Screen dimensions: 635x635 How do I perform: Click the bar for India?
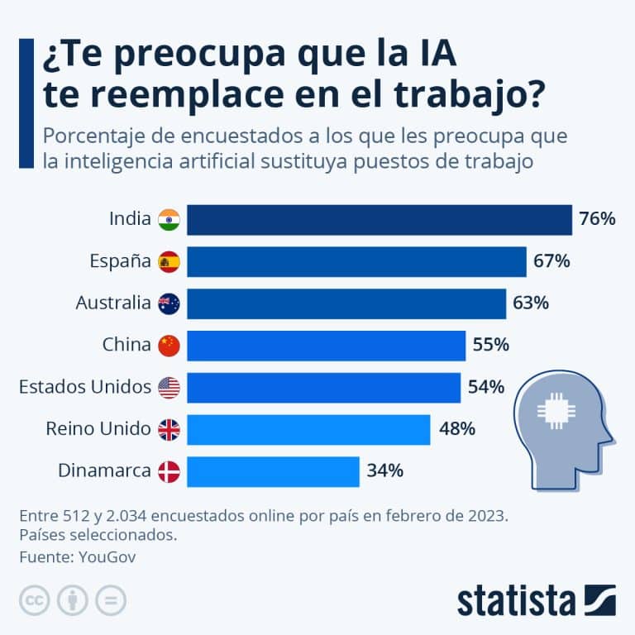[379, 220]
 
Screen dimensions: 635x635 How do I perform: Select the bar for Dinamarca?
[273, 471]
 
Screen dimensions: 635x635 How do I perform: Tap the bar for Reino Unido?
[308, 429]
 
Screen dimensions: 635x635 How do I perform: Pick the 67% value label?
[551, 261]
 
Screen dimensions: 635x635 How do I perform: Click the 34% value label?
[384, 471]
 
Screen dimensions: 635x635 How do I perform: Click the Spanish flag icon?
[169, 261]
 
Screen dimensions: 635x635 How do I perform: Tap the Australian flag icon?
[169, 303]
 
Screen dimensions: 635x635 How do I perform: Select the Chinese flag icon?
[169, 346]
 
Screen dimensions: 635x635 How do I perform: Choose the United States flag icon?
[169, 387]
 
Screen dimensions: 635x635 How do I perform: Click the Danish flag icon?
[169, 471]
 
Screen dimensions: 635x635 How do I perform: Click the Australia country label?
[113, 303]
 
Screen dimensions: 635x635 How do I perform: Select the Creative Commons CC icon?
[35, 600]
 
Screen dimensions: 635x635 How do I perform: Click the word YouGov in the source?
[107, 556]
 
